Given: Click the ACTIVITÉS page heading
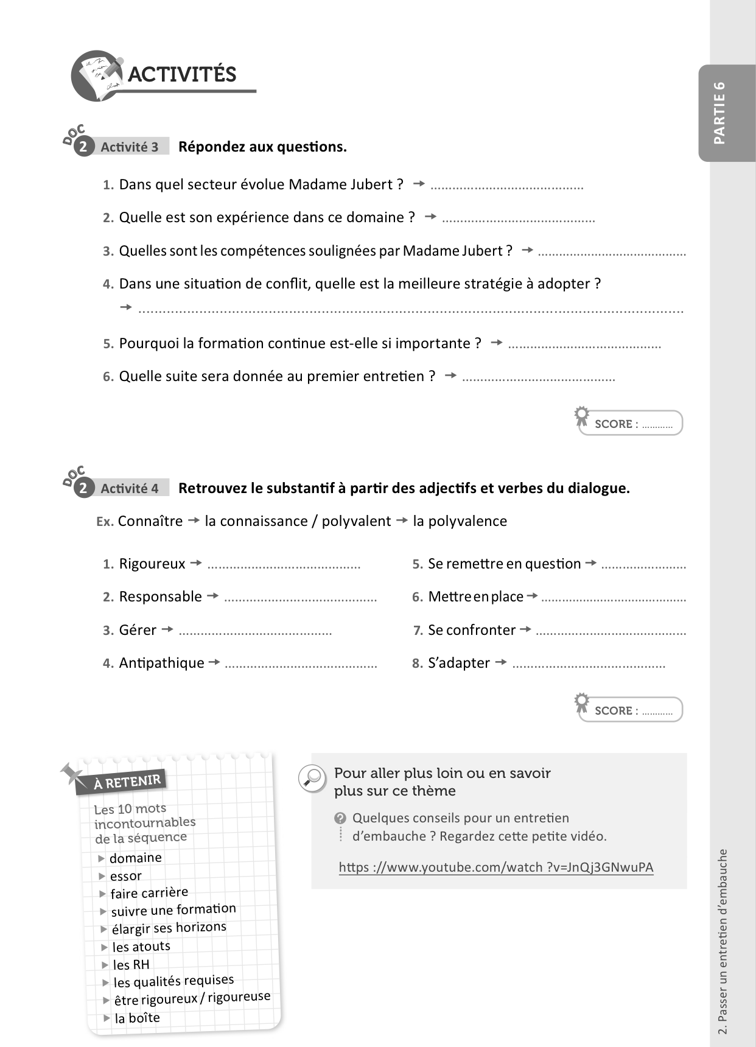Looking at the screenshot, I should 181,74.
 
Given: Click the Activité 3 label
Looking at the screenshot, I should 129,147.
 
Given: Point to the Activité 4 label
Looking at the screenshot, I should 129,489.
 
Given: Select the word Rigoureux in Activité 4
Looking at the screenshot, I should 152,564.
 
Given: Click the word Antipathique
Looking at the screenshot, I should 161,663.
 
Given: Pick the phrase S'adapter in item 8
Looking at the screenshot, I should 459,663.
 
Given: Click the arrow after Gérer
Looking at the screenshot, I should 168,629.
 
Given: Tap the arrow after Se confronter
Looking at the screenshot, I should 526,629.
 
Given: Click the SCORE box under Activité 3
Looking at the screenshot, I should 631,424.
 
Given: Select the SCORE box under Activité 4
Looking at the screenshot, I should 631,710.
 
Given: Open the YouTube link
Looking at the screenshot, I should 495,867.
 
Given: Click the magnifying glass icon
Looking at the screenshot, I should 313,778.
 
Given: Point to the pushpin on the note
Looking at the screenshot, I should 72,774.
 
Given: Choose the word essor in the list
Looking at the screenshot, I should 126,876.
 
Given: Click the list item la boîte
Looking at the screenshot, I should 137,1018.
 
